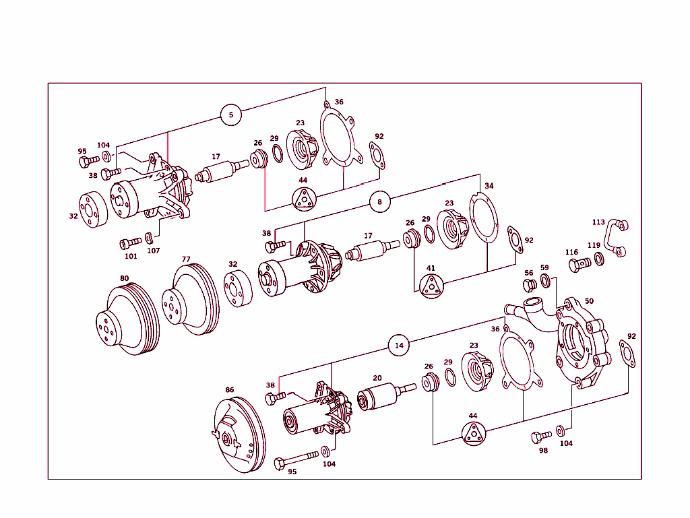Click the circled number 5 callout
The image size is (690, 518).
[x=230, y=115]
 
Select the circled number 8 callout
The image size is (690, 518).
[x=379, y=201]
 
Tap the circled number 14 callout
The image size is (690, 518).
[x=399, y=345]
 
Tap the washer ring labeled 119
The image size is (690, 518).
[x=599, y=259]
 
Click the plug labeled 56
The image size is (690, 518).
[x=530, y=286]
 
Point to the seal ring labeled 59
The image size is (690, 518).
[x=545, y=280]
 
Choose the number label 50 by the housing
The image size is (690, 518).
[x=589, y=301]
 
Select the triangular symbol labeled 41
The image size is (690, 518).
[x=431, y=286]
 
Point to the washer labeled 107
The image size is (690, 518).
[x=150, y=238]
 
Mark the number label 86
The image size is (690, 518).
[x=230, y=390]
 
